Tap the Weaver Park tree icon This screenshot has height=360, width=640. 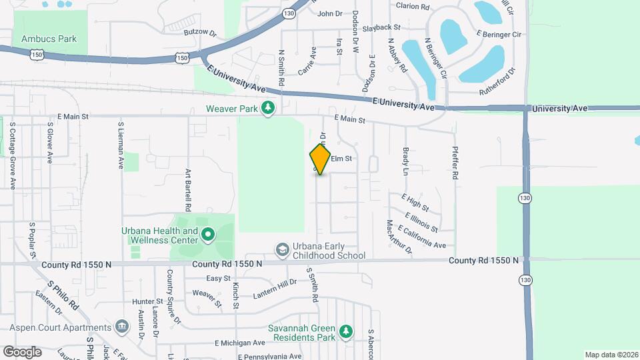point(268,108)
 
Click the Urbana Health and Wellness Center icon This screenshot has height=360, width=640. point(207,234)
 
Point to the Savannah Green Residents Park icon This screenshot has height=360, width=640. point(345,331)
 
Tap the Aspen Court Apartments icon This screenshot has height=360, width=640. point(121,327)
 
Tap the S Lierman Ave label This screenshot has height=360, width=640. point(121,145)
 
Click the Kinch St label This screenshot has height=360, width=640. point(236,296)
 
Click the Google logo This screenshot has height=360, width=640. point(22,351)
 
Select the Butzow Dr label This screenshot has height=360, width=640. point(201,31)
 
